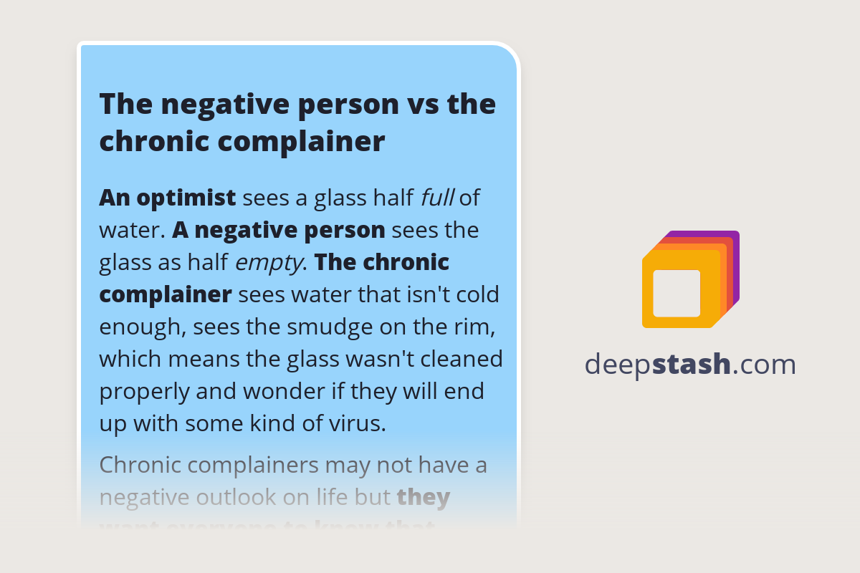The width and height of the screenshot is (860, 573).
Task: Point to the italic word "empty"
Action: click(269, 263)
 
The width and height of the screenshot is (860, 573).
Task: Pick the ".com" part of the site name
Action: click(764, 365)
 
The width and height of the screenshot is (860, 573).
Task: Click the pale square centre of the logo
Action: click(677, 293)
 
